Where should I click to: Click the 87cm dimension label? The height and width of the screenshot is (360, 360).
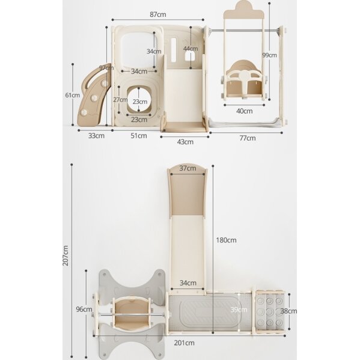click(157, 14)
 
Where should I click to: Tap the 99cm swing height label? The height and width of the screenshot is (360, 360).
click(269, 55)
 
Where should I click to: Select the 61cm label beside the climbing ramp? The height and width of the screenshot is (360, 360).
click(73, 95)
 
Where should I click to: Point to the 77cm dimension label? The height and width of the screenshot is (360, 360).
click(248, 138)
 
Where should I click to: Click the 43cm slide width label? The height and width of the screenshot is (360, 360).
click(185, 142)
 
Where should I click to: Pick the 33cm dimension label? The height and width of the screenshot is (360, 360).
click(96, 136)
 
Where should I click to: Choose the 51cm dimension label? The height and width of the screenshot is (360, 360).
click(139, 136)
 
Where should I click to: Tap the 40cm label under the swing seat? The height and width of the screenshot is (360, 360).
click(244, 111)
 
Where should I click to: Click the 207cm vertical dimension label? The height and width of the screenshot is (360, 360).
click(66, 255)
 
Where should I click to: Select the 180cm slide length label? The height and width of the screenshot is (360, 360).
click(226, 240)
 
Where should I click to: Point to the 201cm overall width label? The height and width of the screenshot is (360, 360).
click(184, 343)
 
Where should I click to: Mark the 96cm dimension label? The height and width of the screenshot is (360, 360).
click(84, 310)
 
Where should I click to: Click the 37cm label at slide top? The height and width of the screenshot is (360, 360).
click(188, 168)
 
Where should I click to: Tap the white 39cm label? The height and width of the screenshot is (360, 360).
click(239, 310)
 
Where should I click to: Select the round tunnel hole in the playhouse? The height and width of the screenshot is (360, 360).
click(139, 100)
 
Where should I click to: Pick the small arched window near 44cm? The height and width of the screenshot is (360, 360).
click(190, 56)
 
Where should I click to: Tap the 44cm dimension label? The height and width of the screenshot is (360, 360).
click(191, 49)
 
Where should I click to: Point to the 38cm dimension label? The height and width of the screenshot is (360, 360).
click(289, 311)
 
